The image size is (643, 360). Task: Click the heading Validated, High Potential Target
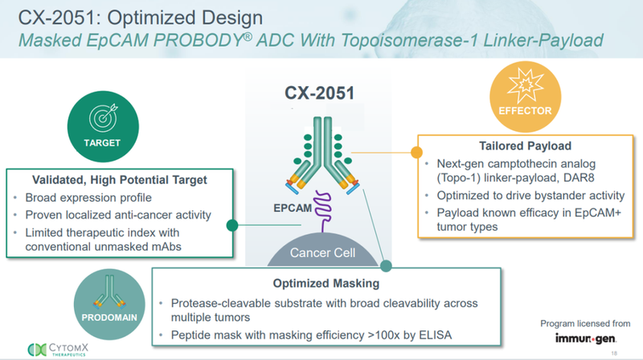[x=119, y=179]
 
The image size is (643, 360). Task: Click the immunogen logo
[x=591, y=338]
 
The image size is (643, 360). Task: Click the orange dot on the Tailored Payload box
[x=416, y=152]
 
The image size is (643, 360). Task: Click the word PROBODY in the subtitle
[x=211, y=42]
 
